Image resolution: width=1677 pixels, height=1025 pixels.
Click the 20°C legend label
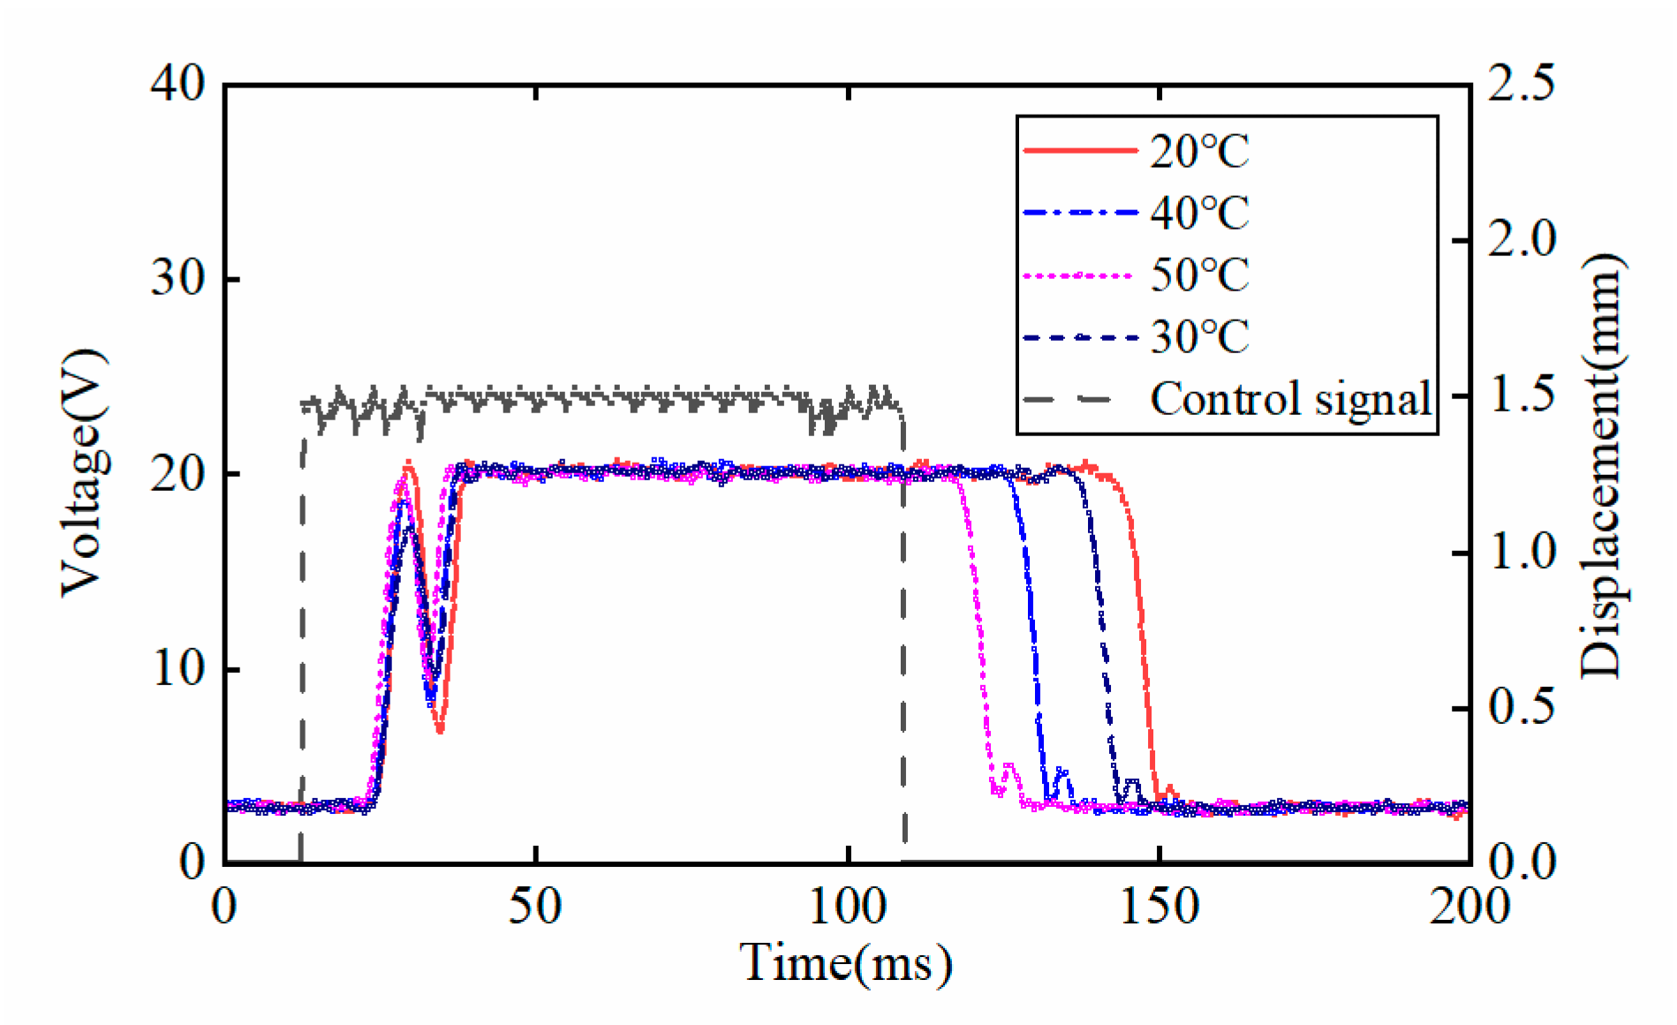(1199, 152)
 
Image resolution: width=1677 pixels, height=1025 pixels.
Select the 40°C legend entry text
(1199, 213)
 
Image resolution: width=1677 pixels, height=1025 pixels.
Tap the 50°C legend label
(1199, 275)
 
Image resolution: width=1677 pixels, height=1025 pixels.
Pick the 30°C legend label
(1199, 336)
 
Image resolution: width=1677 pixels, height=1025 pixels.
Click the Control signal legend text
(1290, 398)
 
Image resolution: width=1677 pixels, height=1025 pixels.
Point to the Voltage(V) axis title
(84, 473)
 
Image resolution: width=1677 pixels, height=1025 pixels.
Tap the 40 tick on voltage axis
(178, 86)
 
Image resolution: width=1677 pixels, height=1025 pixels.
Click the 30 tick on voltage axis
(178, 280)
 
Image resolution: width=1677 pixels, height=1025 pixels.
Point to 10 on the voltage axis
(178, 669)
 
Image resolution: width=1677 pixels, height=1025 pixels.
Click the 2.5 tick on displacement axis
(1521, 86)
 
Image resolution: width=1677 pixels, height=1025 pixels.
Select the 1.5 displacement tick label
(1521, 396)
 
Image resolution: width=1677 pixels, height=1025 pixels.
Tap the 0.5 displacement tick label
(1521, 708)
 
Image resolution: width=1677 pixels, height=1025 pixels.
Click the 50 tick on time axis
(536, 907)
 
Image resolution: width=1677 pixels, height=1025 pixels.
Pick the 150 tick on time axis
(1159, 907)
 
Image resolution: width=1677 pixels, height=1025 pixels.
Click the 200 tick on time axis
(1469, 907)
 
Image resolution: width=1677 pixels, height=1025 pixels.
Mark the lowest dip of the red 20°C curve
(440, 730)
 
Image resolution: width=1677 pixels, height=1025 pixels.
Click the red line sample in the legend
(1079, 152)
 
